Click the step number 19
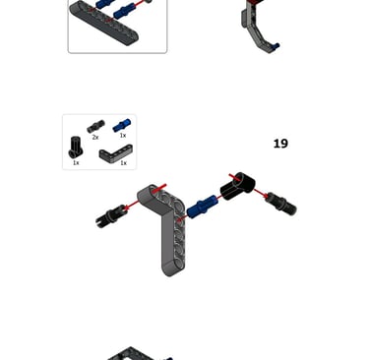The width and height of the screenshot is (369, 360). tap(280, 144)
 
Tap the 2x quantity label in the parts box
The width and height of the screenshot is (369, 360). tap(95, 137)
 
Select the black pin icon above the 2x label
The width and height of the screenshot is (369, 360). tap(95, 126)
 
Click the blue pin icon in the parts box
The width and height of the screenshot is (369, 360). tap(122, 125)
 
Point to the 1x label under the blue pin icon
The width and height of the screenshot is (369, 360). tap(123, 135)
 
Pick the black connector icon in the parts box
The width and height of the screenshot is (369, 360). tap(76, 148)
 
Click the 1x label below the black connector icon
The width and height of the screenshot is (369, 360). tap(76, 162)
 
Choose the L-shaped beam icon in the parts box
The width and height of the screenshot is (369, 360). tap(115, 154)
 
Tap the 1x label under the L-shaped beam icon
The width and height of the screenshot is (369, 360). tap(123, 163)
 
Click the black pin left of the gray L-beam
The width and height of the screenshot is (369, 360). tap(110, 215)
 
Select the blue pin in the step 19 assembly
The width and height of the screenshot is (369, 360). tap(203, 205)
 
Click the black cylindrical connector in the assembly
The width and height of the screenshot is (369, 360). tap(237, 185)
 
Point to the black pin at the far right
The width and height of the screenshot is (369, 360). tap(281, 204)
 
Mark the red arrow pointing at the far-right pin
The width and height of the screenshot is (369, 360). tap(261, 194)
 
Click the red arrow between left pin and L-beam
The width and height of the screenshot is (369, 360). tap(132, 205)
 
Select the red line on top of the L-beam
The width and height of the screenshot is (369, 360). tap(159, 189)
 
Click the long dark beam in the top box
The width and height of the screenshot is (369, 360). tap(104, 23)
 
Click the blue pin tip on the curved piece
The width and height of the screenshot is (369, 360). tap(276, 46)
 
